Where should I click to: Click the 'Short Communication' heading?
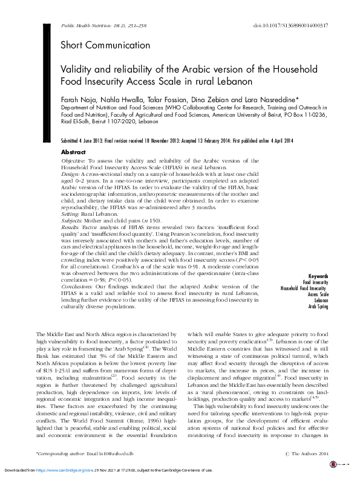click(105, 45)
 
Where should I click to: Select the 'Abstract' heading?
click(74, 152)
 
